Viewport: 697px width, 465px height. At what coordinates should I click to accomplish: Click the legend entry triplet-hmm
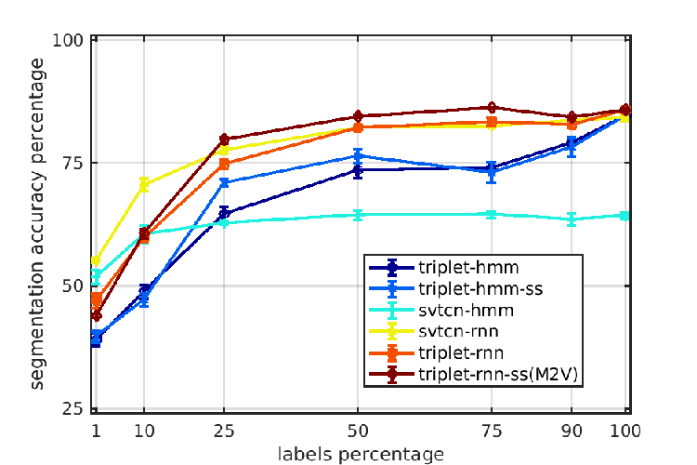click(468, 268)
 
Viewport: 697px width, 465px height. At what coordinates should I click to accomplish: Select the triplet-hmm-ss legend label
click(480, 289)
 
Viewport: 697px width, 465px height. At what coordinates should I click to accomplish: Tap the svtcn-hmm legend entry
click(466, 310)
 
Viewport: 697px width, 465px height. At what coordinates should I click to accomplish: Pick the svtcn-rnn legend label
click(458, 331)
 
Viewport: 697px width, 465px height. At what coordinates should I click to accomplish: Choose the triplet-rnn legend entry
click(461, 352)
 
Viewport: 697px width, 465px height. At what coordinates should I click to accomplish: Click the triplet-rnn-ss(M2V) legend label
click(498, 374)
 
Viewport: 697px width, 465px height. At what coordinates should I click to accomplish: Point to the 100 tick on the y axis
click(68, 40)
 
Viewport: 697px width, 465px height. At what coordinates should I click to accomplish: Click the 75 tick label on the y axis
click(72, 164)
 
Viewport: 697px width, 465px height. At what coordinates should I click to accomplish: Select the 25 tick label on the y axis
click(72, 408)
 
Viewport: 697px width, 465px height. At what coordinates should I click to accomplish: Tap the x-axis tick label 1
click(96, 432)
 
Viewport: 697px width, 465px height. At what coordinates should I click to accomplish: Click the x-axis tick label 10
click(144, 432)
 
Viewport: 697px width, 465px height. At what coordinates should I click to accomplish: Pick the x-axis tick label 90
click(572, 432)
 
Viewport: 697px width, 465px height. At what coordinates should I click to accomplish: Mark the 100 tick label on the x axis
click(625, 432)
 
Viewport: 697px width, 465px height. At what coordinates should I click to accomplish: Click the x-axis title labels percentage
click(361, 455)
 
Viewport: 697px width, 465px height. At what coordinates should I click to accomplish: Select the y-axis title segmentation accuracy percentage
click(37, 224)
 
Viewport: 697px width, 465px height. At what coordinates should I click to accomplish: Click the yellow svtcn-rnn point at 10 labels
click(143, 184)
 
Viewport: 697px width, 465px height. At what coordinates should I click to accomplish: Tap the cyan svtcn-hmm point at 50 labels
click(358, 215)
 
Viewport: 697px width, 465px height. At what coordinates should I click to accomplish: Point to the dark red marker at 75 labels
click(492, 107)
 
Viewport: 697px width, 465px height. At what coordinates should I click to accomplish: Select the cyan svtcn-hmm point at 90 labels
click(572, 219)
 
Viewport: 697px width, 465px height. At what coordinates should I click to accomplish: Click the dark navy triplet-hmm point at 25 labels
click(224, 214)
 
